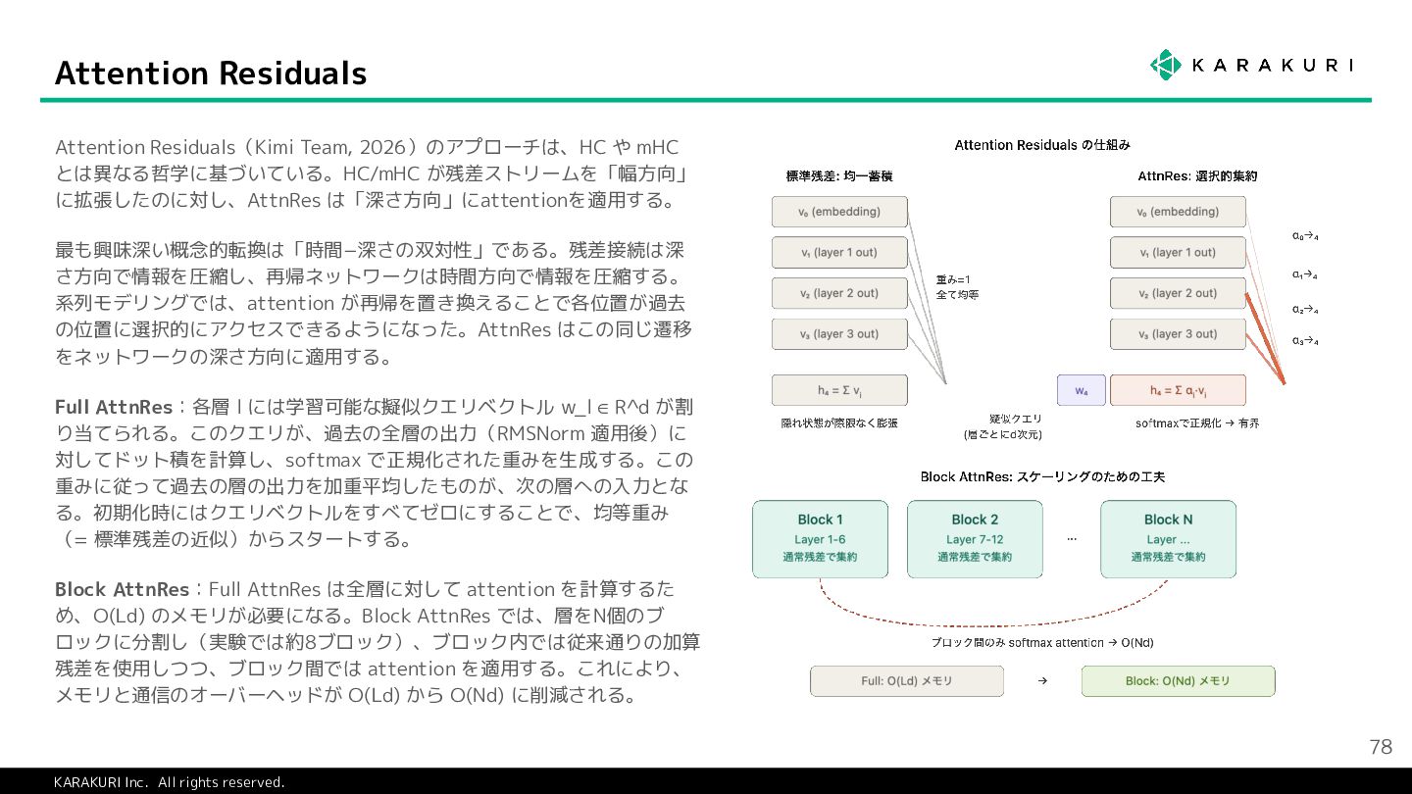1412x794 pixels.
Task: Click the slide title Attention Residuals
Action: [211, 74]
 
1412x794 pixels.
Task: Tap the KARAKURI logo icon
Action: [1165, 65]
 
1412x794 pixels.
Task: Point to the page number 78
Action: [1380, 747]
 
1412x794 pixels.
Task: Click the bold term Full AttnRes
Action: [114, 407]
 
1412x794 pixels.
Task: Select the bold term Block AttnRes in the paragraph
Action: [122, 590]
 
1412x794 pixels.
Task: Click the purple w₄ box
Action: [1081, 390]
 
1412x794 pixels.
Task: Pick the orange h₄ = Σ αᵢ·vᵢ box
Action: [1178, 390]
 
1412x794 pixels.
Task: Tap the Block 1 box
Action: [820, 538]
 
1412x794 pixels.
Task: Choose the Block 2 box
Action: [975, 538]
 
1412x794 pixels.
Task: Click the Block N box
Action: [1168, 538]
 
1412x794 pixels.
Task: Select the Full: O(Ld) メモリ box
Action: [907, 681]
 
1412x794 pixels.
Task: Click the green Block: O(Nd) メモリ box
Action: [1178, 681]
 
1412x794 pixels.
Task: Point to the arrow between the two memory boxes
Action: [1042, 681]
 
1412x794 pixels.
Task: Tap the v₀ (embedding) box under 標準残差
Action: [839, 212]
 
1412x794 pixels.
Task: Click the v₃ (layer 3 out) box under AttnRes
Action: [1178, 334]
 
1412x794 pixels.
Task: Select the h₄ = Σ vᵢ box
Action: [839, 390]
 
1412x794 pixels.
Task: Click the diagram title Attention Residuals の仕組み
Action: [1042, 145]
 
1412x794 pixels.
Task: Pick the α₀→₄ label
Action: [1305, 236]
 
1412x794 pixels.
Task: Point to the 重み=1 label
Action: [953, 279]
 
